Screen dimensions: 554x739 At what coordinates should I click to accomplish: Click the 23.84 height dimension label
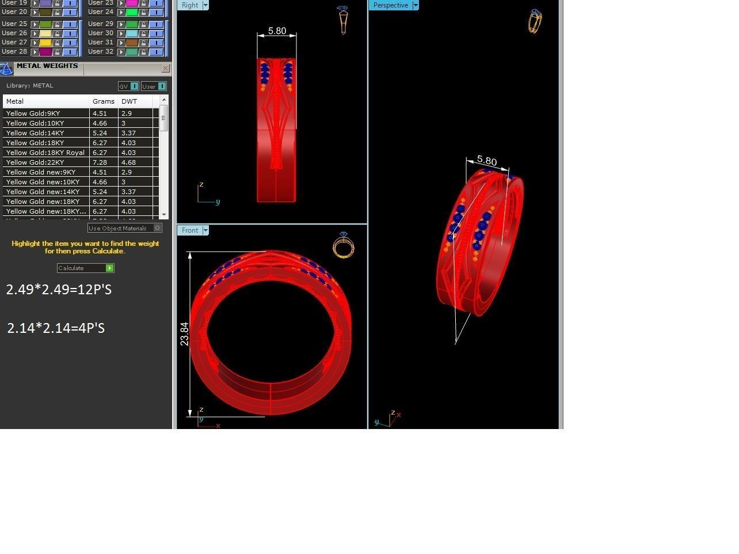coord(184,334)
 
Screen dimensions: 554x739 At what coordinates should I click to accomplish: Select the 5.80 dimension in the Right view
coord(277,31)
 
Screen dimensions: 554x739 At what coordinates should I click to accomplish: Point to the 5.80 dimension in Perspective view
coord(487,161)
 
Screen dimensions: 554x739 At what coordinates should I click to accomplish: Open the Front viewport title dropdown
coord(205,230)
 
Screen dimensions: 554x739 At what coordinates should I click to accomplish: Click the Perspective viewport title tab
coord(390,5)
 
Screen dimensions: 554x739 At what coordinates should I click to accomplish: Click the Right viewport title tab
coord(189,5)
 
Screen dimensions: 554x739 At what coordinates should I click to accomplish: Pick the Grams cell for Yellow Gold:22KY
coord(100,162)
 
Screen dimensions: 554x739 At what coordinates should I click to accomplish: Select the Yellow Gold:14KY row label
coord(35,133)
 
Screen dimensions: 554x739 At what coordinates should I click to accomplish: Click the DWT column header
coord(129,101)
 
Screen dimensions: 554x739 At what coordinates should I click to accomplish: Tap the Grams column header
coord(103,101)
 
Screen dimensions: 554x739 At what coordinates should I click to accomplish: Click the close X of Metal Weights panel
coord(165,69)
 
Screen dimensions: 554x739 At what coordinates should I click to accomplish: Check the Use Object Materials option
coord(158,228)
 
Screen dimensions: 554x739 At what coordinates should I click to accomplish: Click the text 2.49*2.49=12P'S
coord(59,290)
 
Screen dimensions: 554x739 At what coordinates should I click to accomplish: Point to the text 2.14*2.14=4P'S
coord(56,328)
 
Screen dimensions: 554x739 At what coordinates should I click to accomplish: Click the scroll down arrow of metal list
coord(164,214)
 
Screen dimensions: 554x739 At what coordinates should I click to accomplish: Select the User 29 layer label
coord(101,24)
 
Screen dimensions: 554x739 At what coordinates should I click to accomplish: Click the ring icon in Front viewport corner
coord(344,246)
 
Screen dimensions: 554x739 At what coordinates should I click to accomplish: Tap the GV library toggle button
coord(128,86)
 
